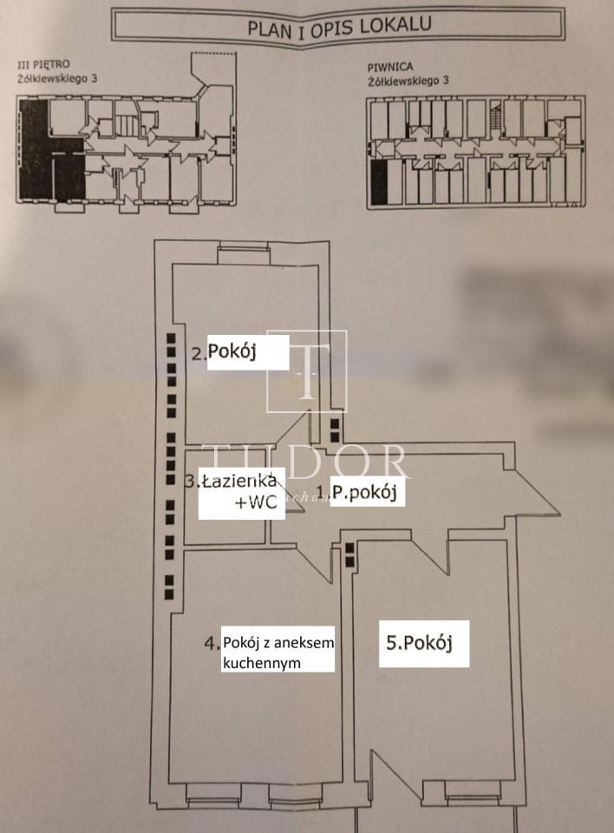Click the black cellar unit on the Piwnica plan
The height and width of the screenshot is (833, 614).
tap(377, 181)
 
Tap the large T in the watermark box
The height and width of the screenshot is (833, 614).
tap(306, 371)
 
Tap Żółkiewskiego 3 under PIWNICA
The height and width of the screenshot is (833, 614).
tap(408, 81)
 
